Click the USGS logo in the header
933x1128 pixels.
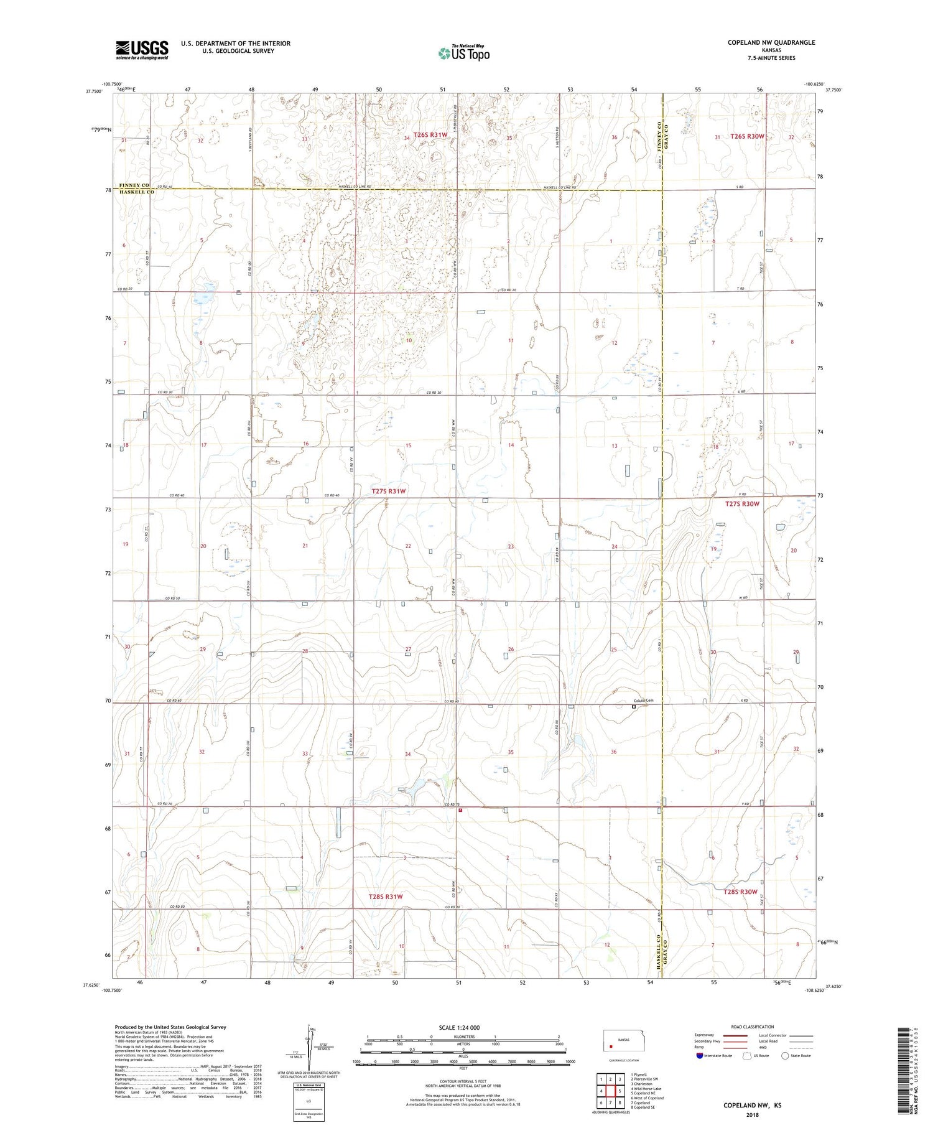(x=142, y=50)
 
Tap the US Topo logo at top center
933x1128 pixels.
(x=463, y=54)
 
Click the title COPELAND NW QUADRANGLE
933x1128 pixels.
(x=771, y=42)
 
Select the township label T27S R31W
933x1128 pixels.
(x=388, y=491)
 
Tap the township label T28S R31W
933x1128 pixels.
(x=386, y=897)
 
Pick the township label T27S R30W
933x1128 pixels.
(x=742, y=503)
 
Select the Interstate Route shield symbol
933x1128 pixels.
(x=700, y=1056)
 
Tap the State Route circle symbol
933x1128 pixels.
(x=785, y=1056)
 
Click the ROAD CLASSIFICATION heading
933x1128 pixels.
(x=752, y=1027)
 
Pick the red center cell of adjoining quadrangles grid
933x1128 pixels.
(x=611, y=1091)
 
